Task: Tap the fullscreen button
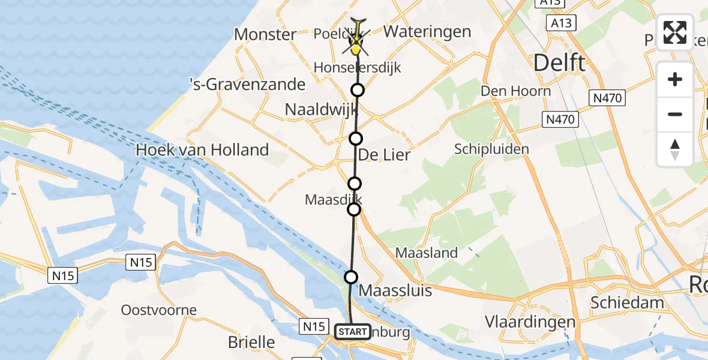675,33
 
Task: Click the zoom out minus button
675,114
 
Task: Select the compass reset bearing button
675,149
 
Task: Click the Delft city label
559,62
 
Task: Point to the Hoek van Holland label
202,149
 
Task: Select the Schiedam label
627,302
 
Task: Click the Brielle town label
251,343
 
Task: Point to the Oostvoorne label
159,310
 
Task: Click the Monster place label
265,34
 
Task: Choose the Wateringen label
427,31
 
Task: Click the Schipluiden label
491,149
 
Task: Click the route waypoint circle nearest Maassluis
351,277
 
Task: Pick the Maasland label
426,253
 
